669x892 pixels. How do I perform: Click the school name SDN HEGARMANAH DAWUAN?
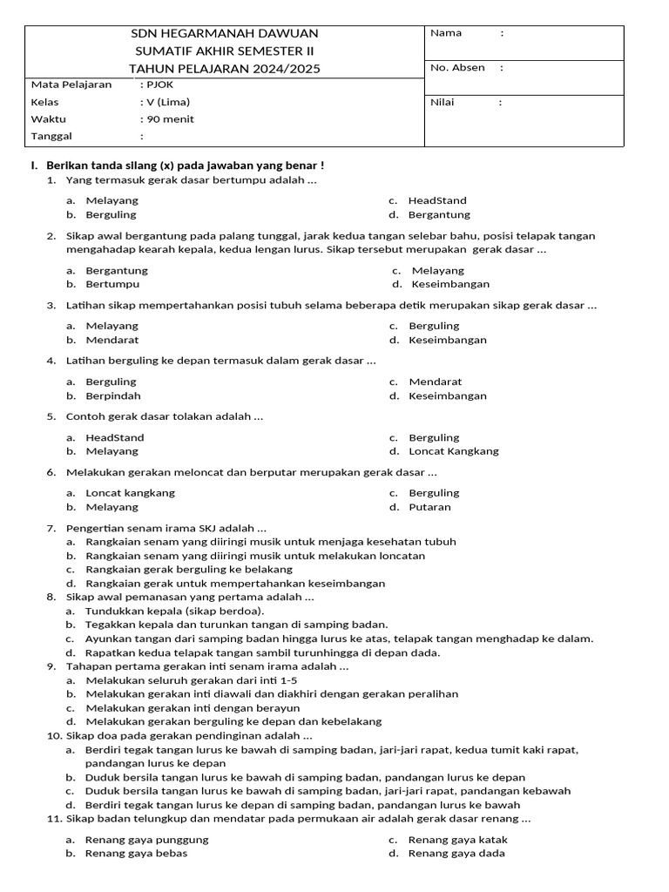click(x=224, y=33)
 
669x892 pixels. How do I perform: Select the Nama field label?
click(x=446, y=33)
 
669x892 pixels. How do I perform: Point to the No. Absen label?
click(x=457, y=67)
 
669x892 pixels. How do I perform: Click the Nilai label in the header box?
click(x=443, y=102)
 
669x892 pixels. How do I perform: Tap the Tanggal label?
click(x=51, y=137)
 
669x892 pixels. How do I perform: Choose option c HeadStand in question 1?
click(x=437, y=200)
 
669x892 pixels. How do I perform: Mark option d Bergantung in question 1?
click(x=439, y=214)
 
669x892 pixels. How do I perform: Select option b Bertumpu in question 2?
click(x=112, y=284)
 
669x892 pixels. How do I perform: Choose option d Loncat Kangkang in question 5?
click(x=454, y=451)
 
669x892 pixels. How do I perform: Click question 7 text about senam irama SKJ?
click(x=166, y=528)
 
